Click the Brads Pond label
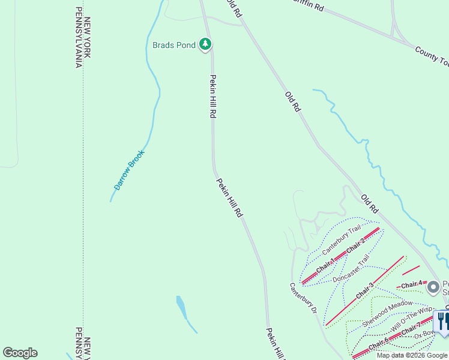click(x=174, y=45)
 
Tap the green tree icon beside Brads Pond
click(x=206, y=44)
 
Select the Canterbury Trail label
click(x=342, y=238)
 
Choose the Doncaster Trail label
click(x=352, y=271)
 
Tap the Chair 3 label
click(x=363, y=291)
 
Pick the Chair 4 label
click(x=413, y=284)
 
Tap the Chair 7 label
click(x=412, y=329)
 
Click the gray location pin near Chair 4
click(x=433, y=288)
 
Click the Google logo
click(x=20, y=353)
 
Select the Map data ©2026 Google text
click(x=411, y=355)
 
